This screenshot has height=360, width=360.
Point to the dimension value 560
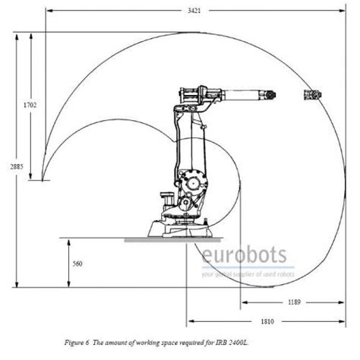point(77,264)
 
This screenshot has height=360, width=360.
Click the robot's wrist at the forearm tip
point(268,95)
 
